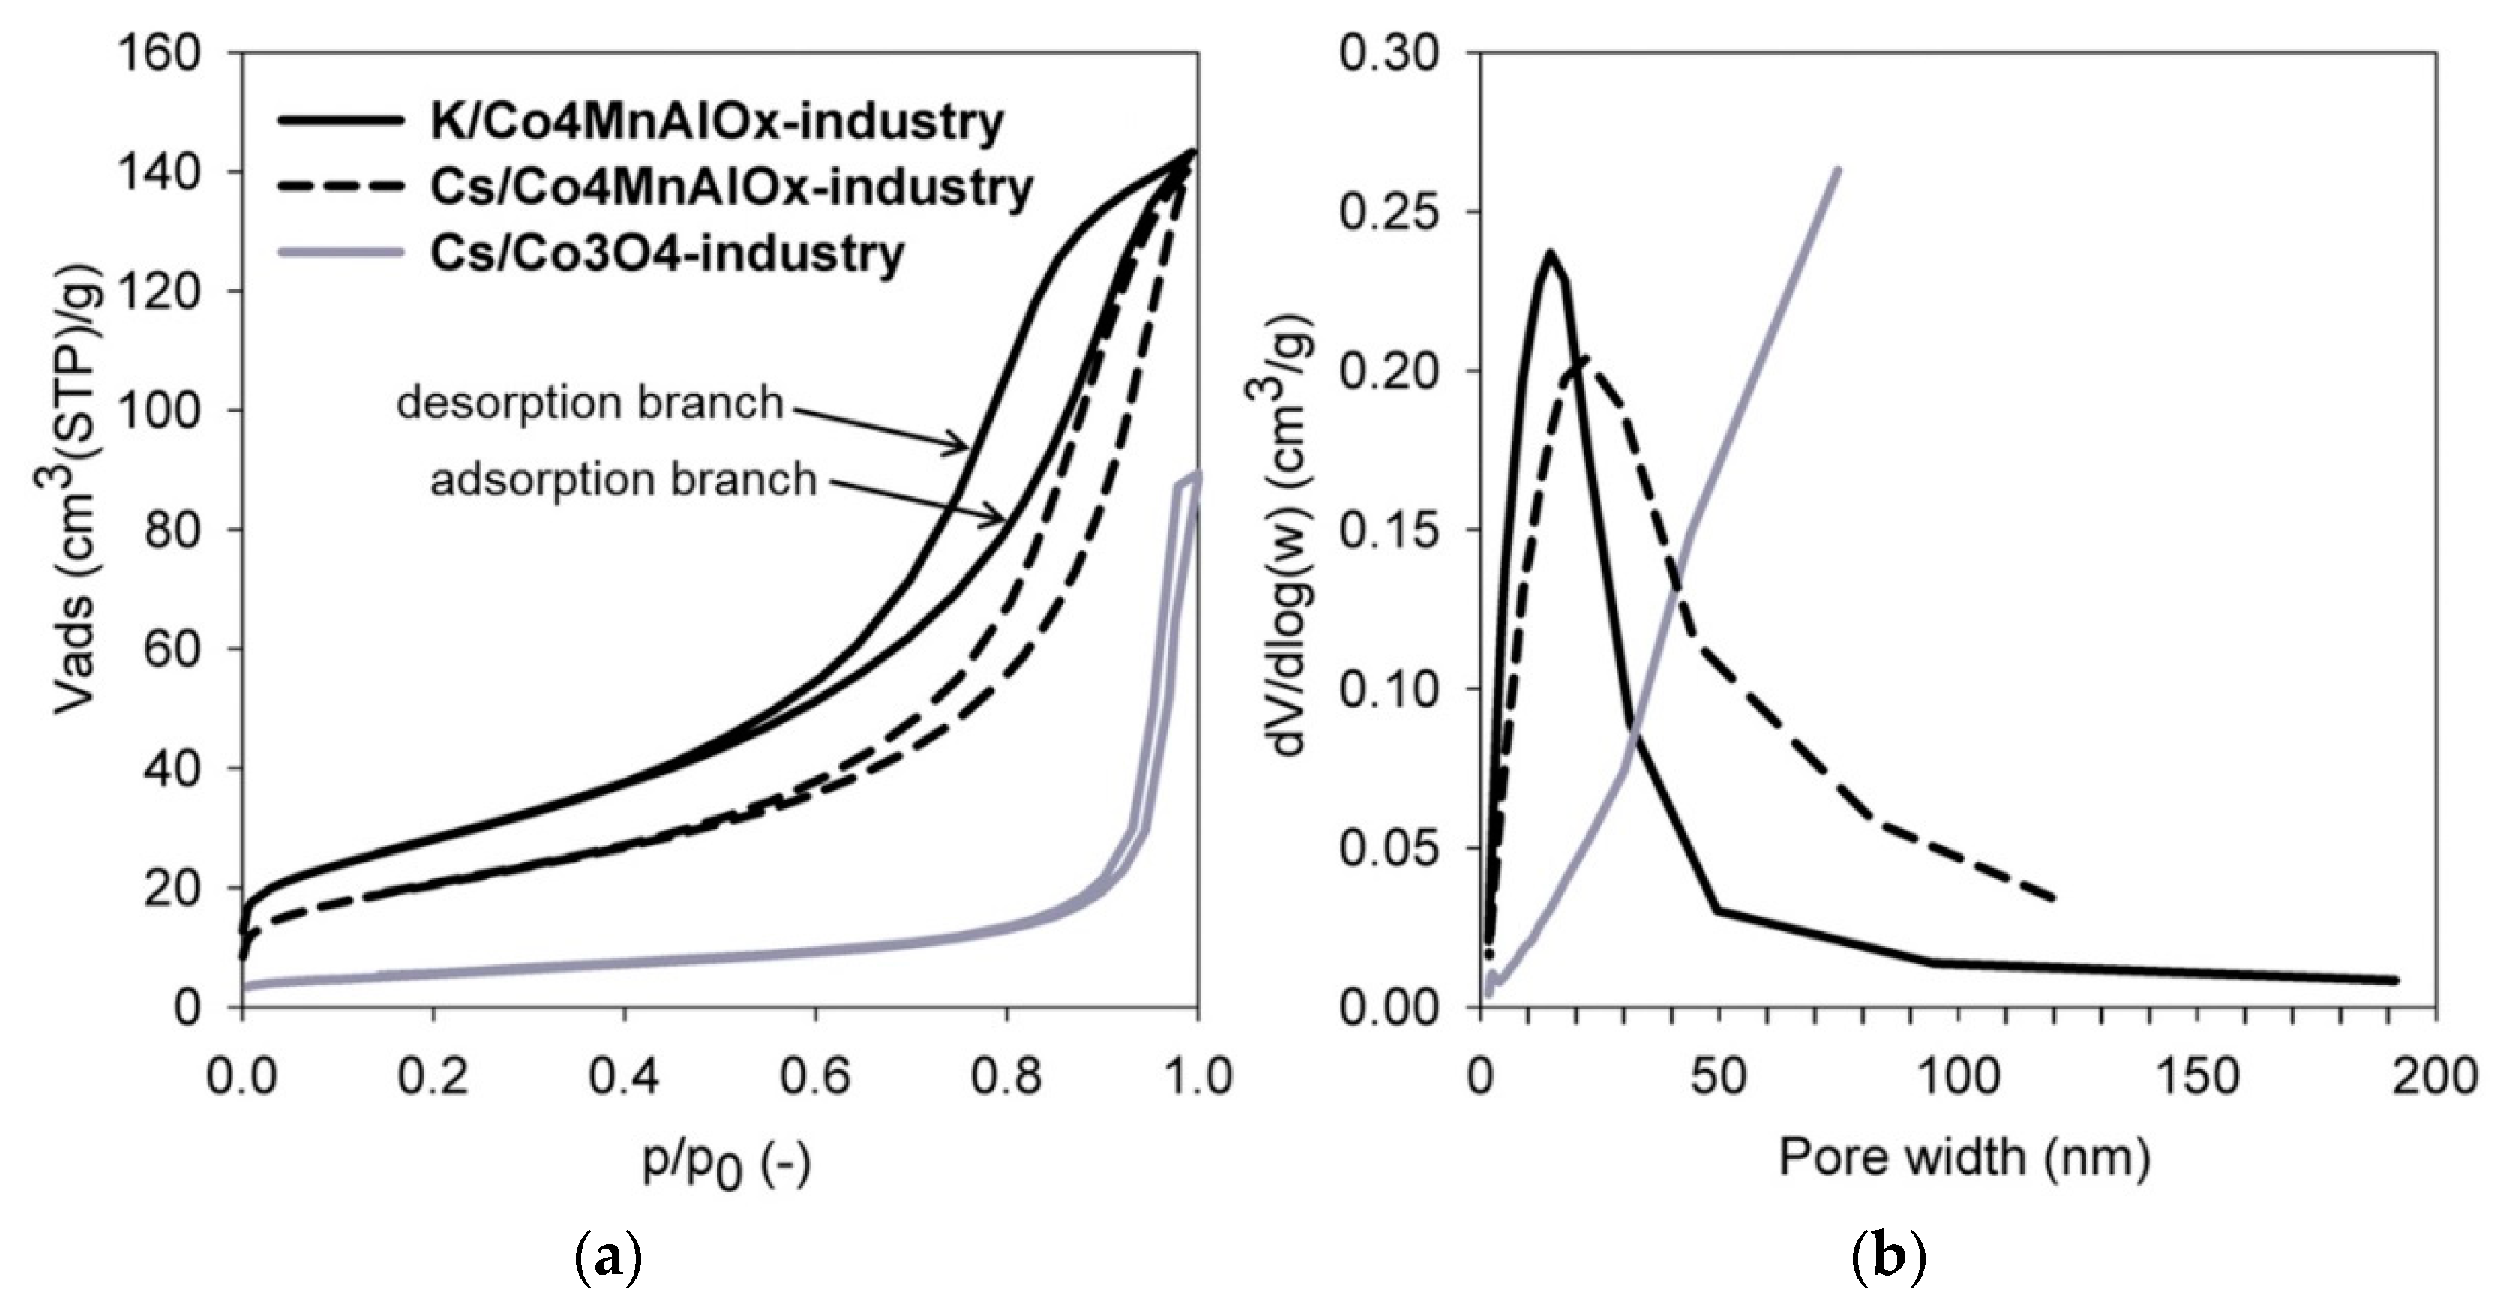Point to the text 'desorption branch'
(x=589, y=403)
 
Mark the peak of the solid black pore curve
(x=1551, y=253)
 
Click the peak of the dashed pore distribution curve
(x=1583, y=358)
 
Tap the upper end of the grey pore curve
(x=1836, y=170)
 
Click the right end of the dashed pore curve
(x=2052, y=898)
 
